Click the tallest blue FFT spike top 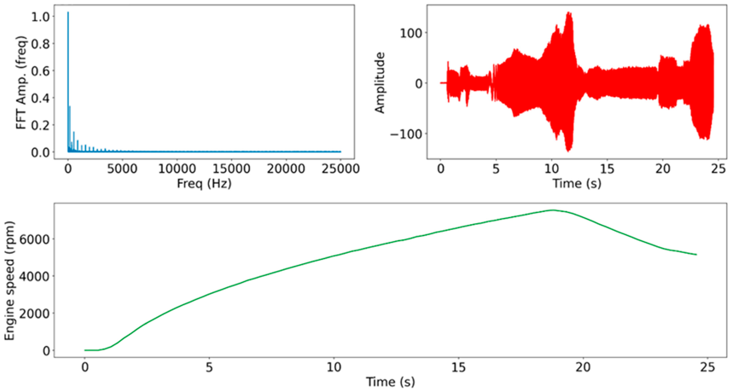click(x=68, y=12)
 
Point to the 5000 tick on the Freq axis click(x=122, y=169)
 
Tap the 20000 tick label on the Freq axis click(x=286, y=169)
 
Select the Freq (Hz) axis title click(x=204, y=184)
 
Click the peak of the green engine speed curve click(x=553, y=210)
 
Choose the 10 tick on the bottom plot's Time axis click(x=334, y=367)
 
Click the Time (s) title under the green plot click(x=390, y=382)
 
